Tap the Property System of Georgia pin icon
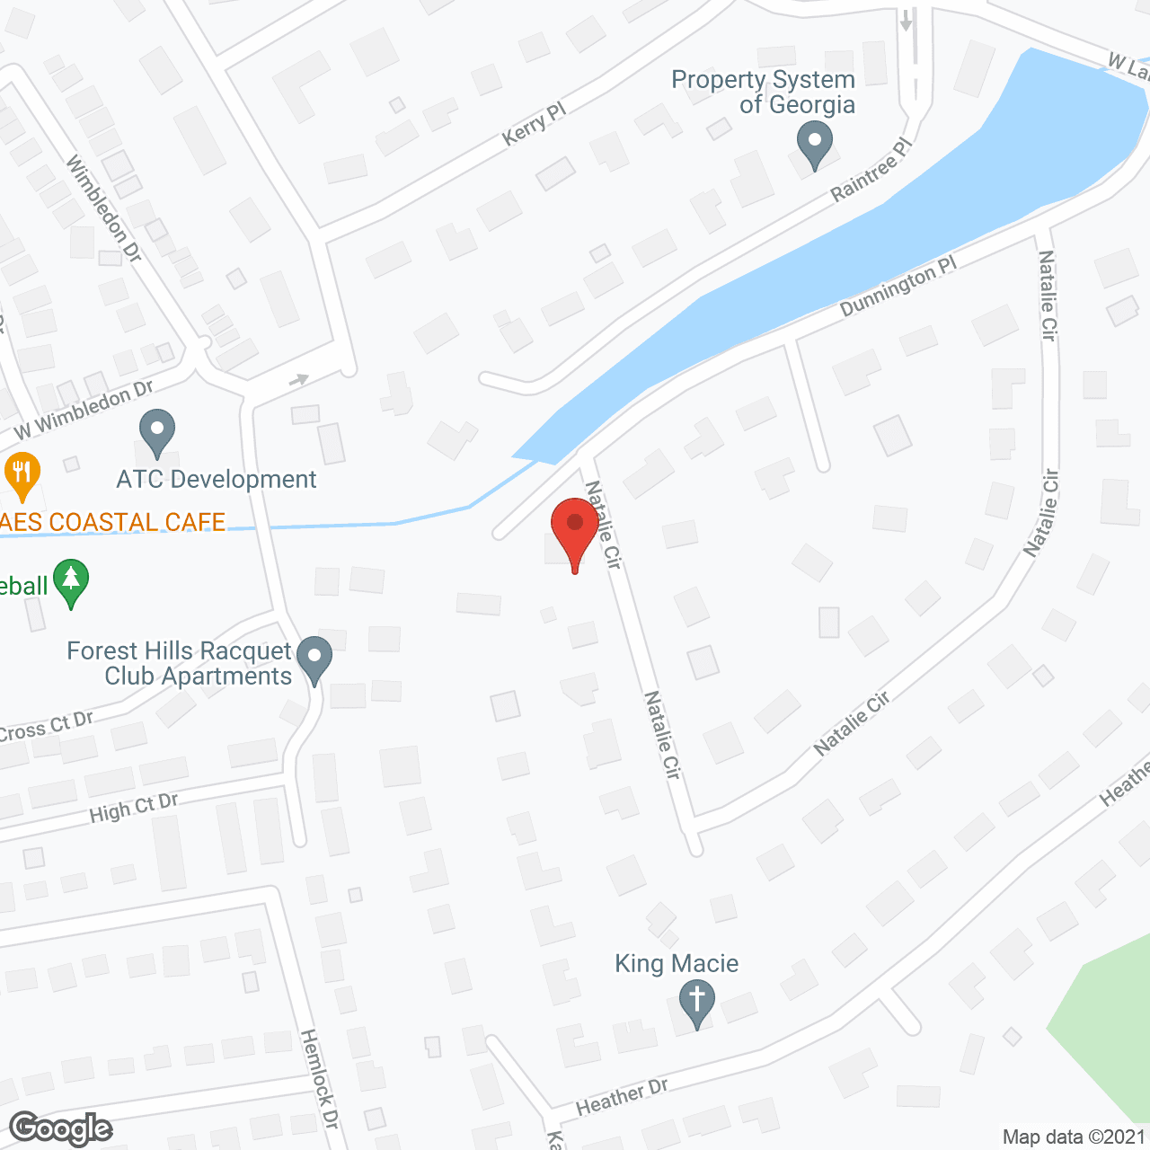815,144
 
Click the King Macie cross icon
696,1001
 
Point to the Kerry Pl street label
535,123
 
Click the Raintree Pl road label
871,170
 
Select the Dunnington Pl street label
898,287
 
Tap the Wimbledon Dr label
104,209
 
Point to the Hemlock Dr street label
320,1078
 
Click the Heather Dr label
622,1096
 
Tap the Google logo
61,1128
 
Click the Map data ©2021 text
1074,1137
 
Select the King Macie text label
677,964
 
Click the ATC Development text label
217,479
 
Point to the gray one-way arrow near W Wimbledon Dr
299,380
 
